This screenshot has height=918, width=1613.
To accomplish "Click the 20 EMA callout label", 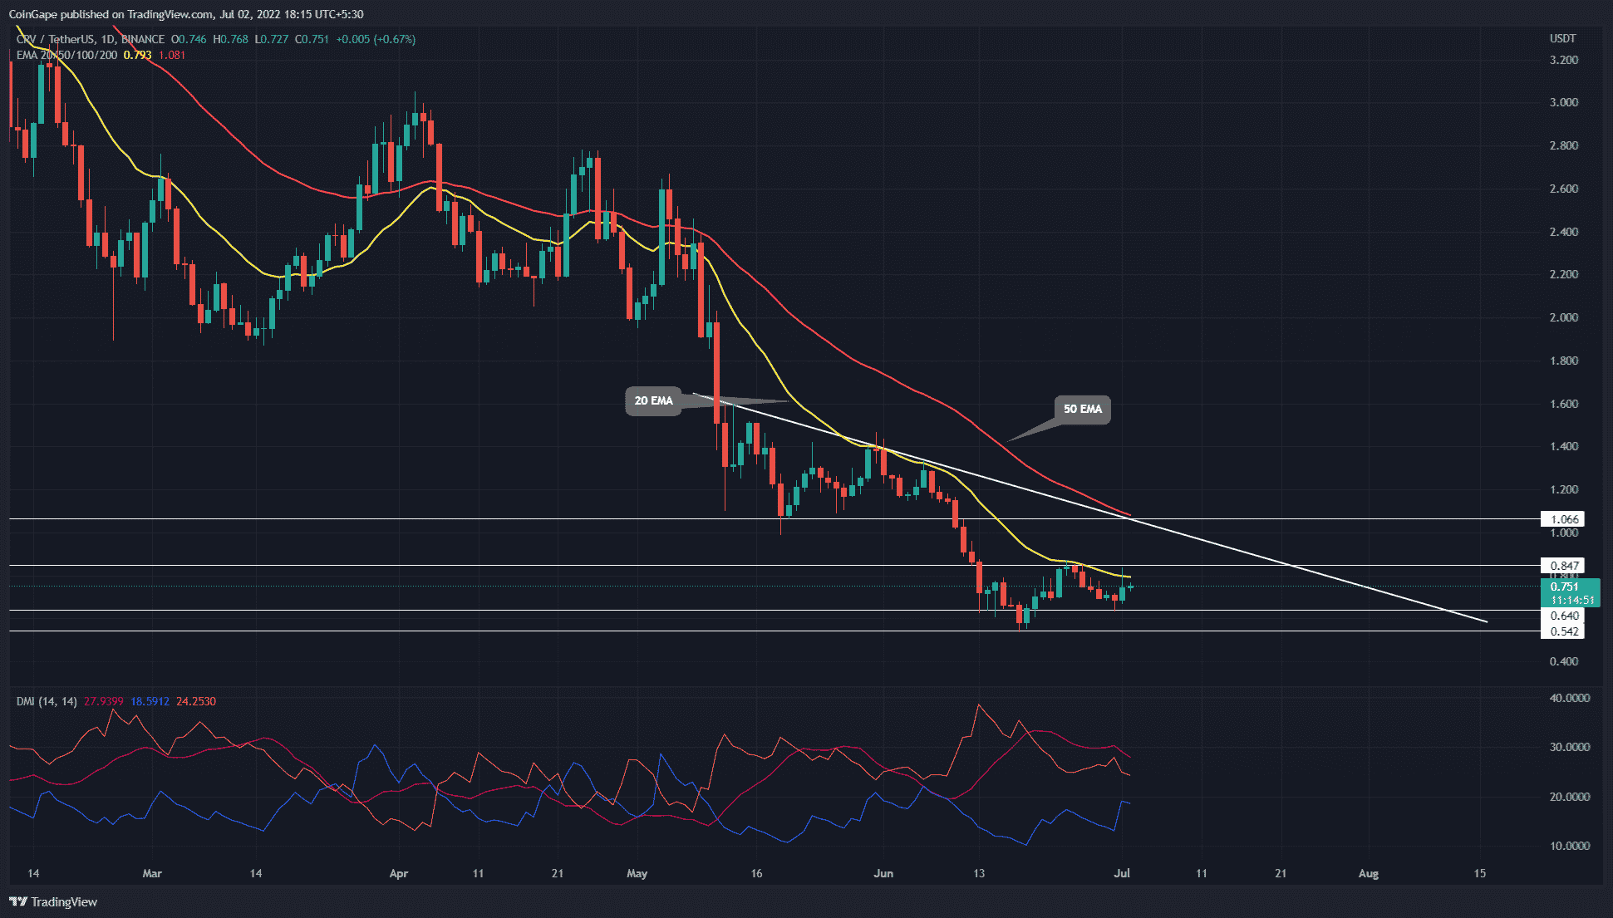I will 653,401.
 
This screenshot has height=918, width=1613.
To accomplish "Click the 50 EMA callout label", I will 1082,409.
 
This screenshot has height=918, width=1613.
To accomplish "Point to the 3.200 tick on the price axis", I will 1564,60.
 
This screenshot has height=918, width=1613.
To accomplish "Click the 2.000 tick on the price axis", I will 1564,317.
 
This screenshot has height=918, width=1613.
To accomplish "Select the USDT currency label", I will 1562,39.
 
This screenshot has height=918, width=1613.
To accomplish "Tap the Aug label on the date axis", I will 1368,873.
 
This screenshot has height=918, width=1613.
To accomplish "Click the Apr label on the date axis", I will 399,873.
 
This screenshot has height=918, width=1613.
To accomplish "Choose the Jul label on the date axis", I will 1122,873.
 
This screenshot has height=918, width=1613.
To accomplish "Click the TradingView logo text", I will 63,902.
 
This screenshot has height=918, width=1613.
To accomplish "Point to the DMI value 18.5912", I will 150,702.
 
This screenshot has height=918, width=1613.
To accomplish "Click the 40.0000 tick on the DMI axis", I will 1569,698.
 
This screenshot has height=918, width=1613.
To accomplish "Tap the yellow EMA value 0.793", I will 137,56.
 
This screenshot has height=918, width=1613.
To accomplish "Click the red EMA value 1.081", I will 172,56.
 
